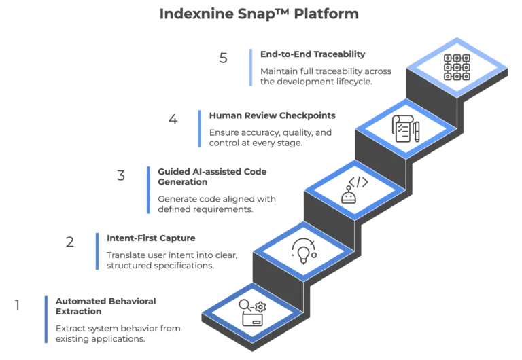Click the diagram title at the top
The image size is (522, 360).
pyautogui.click(x=257, y=14)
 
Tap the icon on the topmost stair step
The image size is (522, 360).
pyautogui.click(x=455, y=67)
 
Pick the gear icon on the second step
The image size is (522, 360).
pyautogui.click(x=302, y=252)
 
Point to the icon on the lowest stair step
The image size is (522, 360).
pyautogui.click(x=250, y=314)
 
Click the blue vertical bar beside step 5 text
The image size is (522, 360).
pyautogui.click(x=251, y=67)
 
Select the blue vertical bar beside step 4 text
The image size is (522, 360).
pyautogui.click(x=200, y=129)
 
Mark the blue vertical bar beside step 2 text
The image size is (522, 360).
pyautogui.click(x=98, y=251)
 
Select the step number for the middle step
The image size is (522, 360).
pyautogui.click(x=120, y=177)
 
